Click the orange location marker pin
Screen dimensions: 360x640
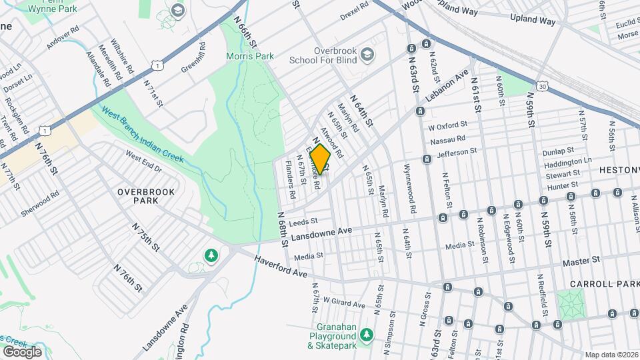[321, 159]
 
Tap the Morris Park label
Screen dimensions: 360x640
[250, 57]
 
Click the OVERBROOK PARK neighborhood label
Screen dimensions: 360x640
[146, 196]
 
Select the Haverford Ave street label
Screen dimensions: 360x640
[281, 265]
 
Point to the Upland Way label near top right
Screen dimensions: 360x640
[533, 21]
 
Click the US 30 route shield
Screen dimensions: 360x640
[542, 86]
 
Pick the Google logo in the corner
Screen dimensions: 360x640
[22, 351]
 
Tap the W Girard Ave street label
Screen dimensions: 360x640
[345, 304]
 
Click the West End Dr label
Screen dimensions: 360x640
[143, 160]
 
